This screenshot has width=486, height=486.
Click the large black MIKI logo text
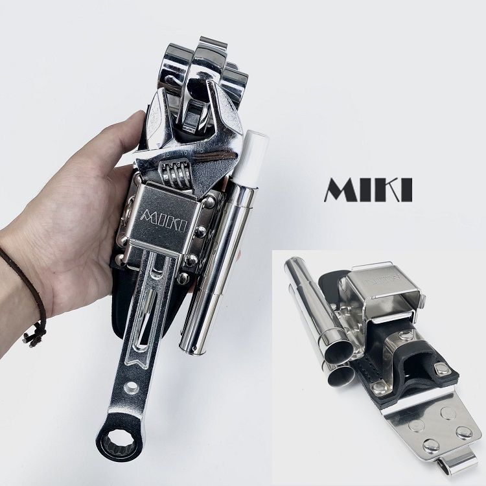tap(367, 188)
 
